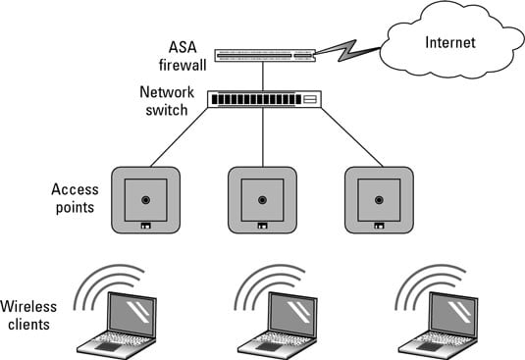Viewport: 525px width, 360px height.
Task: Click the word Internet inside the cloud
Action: pos(450,42)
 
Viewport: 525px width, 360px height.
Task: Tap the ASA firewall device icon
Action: pos(265,56)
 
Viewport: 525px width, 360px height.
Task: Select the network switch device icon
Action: pos(264,99)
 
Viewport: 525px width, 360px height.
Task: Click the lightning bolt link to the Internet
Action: pos(348,51)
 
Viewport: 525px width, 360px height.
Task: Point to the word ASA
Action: pos(183,47)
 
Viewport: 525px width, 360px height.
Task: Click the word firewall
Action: pos(183,65)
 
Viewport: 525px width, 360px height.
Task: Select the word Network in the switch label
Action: pos(167,92)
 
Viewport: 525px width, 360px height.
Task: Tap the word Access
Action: pos(75,189)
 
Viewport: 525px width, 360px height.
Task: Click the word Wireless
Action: pos(28,306)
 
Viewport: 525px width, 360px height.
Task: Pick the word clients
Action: pos(28,325)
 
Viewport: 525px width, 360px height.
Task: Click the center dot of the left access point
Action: pos(145,200)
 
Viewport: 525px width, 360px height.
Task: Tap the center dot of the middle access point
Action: pos(262,200)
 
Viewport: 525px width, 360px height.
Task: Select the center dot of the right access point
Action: pos(379,200)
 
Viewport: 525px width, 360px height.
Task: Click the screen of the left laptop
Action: pos(131,315)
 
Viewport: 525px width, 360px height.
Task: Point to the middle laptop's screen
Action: pos(292,315)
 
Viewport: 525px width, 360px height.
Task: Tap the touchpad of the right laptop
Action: pos(428,346)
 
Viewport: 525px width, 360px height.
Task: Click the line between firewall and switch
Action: pos(263,77)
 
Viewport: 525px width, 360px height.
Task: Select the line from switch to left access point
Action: pos(180,137)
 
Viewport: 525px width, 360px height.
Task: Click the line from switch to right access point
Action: pos(352,137)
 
